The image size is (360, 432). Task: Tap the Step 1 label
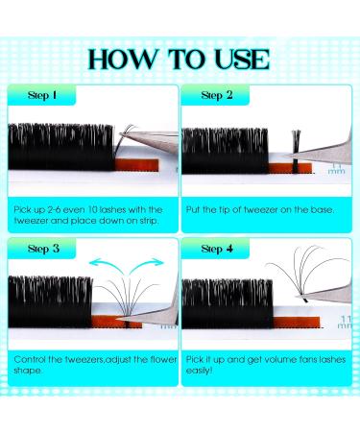pyautogui.click(x=40, y=96)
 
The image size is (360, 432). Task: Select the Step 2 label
pyautogui.click(x=217, y=96)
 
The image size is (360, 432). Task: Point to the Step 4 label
pyautogui.click(x=217, y=248)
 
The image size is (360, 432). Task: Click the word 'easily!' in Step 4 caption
pyautogui.click(x=207, y=371)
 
